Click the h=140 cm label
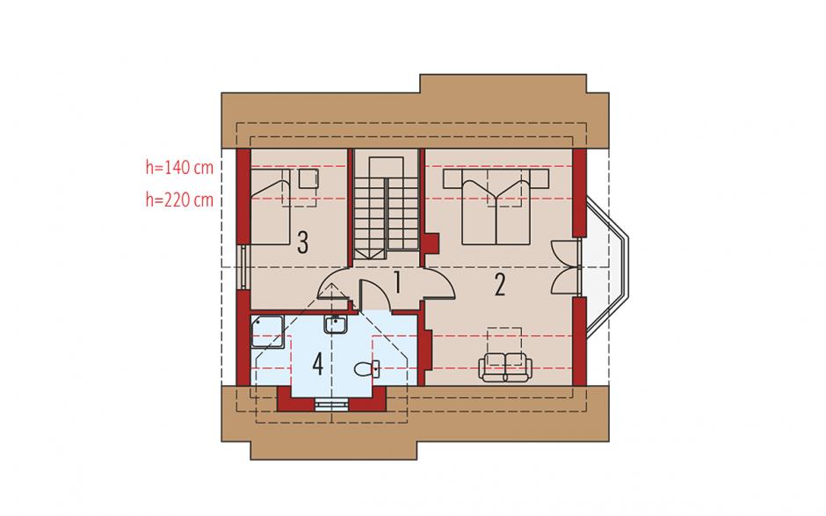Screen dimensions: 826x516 (179, 168)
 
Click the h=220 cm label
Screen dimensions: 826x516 (179, 200)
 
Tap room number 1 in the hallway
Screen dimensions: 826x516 (397, 282)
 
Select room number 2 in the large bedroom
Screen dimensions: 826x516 (499, 285)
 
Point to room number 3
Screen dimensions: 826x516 (302, 243)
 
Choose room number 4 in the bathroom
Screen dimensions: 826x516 (317, 364)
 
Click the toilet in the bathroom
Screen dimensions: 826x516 (366, 369)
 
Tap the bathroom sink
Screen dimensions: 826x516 (335, 324)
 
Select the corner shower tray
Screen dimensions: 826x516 (268, 331)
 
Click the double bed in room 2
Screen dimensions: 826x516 (496, 207)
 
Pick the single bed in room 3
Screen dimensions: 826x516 (271, 207)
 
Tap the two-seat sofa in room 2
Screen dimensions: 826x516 (505, 367)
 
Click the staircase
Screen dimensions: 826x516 (386, 207)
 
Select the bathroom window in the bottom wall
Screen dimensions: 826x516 (331, 403)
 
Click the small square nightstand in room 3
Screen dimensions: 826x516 (308, 178)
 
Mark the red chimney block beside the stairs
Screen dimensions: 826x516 (432, 243)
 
